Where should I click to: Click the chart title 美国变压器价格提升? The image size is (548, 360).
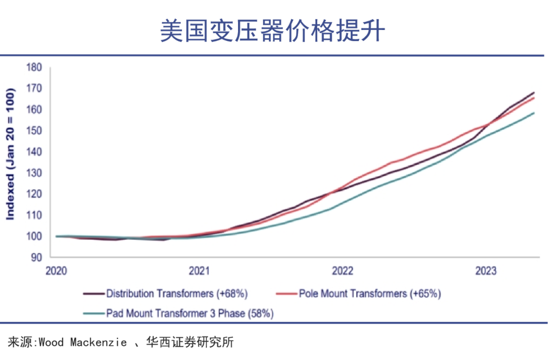click(273, 31)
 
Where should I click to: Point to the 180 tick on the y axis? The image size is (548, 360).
click(34, 68)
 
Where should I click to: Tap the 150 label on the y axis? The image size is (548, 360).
click(34, 131)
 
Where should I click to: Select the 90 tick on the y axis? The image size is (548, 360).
click(37, 257)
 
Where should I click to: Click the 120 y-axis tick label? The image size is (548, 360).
click(34, 194)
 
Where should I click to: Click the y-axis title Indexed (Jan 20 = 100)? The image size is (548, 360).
click(10, 152)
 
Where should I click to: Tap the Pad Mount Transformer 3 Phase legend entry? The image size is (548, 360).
click(176, 313)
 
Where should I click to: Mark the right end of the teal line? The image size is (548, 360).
click(534, 113)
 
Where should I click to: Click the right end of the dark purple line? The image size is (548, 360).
click(534, 92)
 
